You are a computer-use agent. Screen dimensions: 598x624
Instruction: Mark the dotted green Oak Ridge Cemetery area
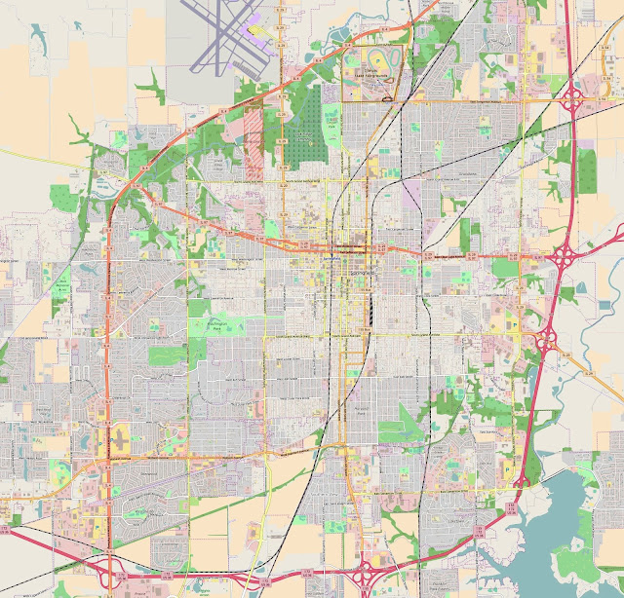(307, 136)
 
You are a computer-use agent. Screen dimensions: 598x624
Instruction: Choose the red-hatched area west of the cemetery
(253, 142)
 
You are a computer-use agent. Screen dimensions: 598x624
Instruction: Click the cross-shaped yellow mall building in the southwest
(118, 437)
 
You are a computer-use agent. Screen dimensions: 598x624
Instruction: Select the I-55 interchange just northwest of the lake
(521, 478)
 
